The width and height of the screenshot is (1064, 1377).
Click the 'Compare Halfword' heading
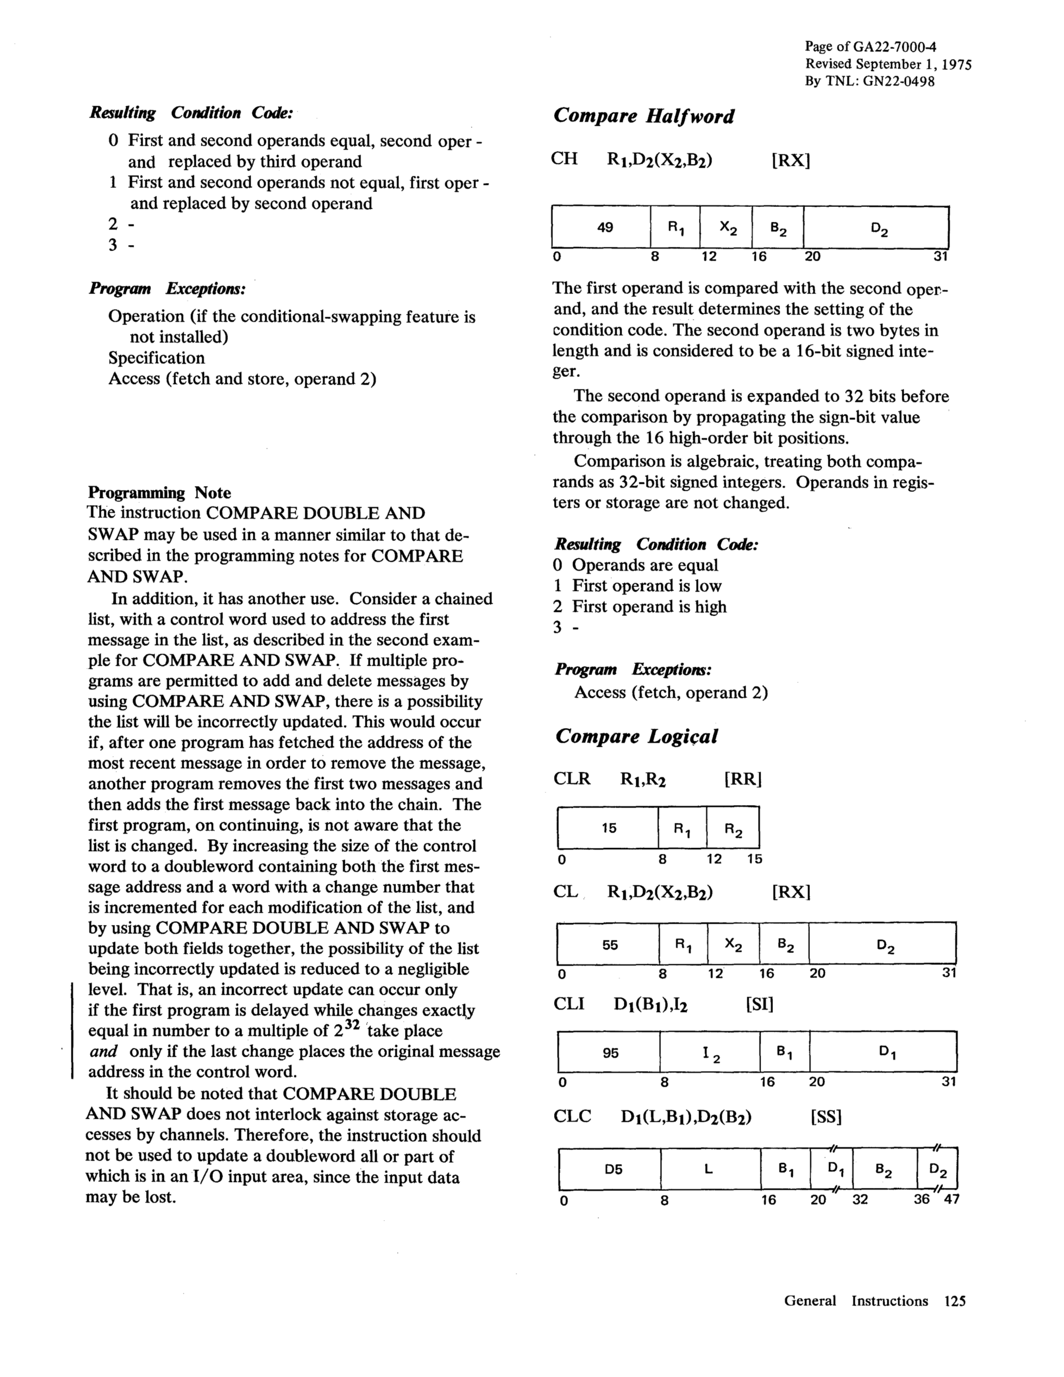tap(644, 117)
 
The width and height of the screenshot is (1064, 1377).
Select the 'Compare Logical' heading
tap(636, 737)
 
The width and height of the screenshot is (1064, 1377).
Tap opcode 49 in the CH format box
tap(605, 227)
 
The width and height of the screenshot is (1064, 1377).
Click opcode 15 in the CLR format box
tap(608, 828)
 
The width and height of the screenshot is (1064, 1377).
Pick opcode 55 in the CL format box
tap(610, 945)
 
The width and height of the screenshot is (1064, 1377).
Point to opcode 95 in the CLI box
tap(611, 1053)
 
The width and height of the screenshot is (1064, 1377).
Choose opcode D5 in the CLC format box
tap(613, 1169)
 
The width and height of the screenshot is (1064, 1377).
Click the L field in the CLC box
tap(709, 1169)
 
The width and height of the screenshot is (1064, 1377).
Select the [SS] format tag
tap(825, 1116)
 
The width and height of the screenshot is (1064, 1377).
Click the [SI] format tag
tap(759, 1003)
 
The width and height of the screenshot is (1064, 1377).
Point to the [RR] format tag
tap(744, 779)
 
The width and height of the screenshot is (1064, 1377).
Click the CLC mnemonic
tap(572, 1116)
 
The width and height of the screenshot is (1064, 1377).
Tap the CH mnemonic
tap(564, 158)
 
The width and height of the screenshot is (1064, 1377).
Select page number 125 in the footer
tap(955, 1301)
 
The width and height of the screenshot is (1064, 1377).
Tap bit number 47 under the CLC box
tap(951, 1199)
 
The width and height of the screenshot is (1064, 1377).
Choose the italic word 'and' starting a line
tap(103, 1051)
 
